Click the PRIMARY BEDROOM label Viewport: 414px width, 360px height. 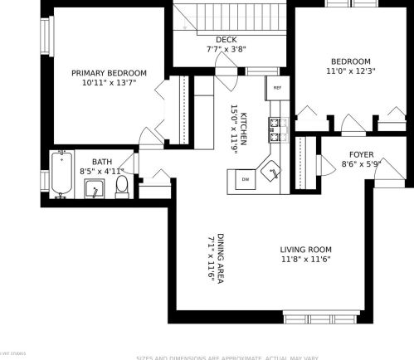(109, 73)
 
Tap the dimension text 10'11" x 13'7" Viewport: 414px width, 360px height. (109, 83)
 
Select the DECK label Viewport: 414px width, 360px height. (226, 39)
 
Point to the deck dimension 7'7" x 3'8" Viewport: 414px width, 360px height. (226, 49)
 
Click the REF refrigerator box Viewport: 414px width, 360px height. (277, 88)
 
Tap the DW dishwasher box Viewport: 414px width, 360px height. (246, 179)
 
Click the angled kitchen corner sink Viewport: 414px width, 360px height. (272, 173)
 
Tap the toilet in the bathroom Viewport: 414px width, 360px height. (122, 186)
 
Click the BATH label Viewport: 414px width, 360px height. (101, 162)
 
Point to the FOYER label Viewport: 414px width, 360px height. (361, 154)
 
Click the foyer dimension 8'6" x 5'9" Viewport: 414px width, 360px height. (361, 164)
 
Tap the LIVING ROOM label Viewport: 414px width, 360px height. (305, 250)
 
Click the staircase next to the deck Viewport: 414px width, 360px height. (231, 15)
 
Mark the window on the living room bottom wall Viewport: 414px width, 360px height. (322, 317)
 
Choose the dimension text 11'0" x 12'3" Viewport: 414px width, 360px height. (353, 71)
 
